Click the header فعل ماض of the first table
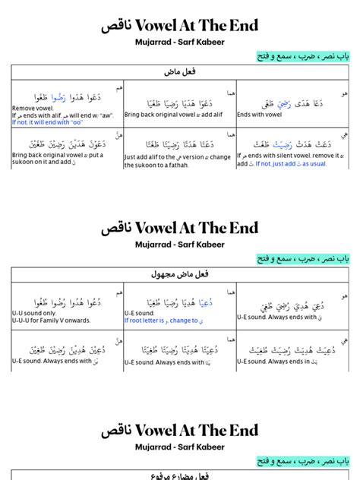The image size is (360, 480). point(180,72)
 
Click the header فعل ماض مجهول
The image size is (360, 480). point(180,274)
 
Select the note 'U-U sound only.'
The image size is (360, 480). point(34,312)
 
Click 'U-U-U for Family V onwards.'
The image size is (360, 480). point(50,320)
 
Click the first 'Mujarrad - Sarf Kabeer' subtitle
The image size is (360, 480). point(180,42)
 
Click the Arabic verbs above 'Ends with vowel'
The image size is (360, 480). point(285,100)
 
